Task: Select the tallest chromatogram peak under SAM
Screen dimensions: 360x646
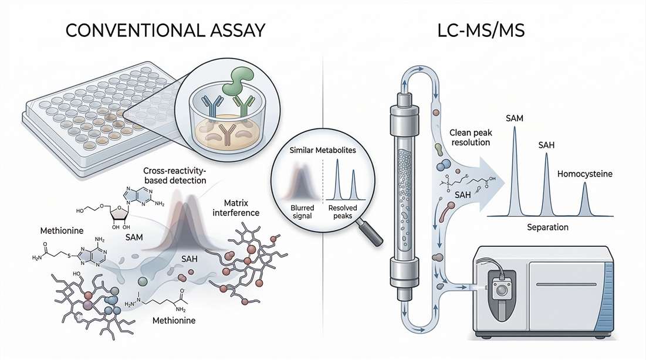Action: pyautogui.click(x=515, y=170)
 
